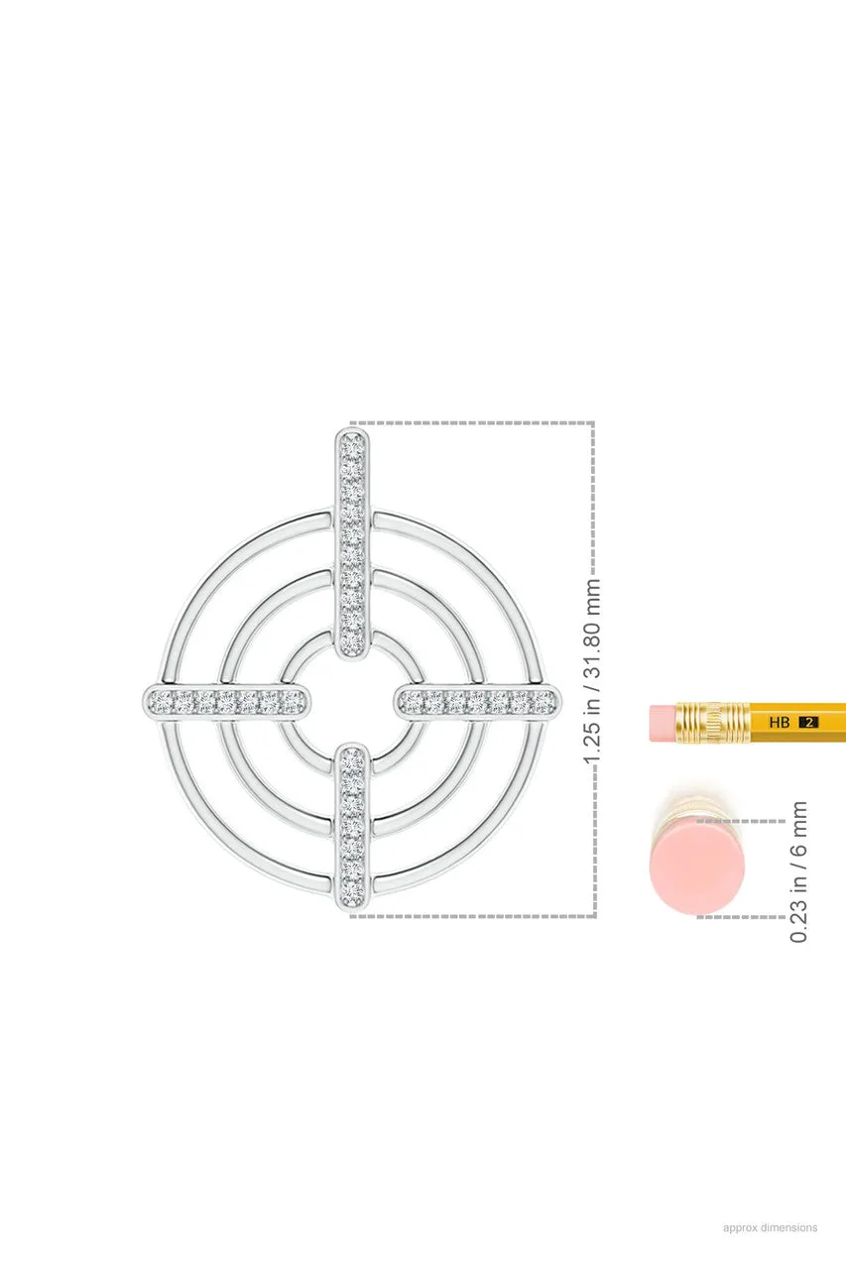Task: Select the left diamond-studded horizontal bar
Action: (x=227, y=701)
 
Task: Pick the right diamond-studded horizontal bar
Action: (x=478, y=701)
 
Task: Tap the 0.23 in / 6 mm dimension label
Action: (x=799, y=871)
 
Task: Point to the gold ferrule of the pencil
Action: (x=713, y=722)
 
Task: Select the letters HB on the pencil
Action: (x=780, y=723)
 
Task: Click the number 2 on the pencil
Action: (x=808, y=723)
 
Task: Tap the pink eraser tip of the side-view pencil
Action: (x=663, y=722)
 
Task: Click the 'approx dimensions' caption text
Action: (x=770, y=1227)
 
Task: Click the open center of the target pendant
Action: (x=353, y=701)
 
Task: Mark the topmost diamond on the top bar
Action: (x=353, y=442)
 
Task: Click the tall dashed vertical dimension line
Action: (x=593, y=496)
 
